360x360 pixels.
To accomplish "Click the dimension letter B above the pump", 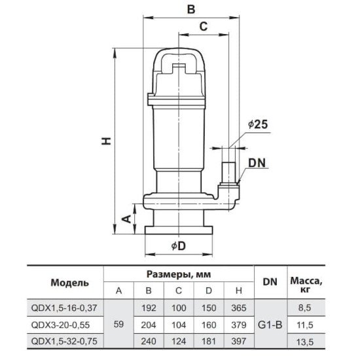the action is coord(190,9).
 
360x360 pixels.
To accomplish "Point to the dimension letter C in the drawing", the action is coord(204,26).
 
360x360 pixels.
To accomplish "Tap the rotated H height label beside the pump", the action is coord(107,141).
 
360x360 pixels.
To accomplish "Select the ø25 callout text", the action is coord(258,124).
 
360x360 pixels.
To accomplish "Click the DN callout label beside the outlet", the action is coord(257,163).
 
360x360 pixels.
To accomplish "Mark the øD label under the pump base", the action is coord(179,246).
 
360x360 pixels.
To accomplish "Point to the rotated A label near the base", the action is coord(126,219).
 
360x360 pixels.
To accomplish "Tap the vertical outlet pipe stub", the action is coord(228,173).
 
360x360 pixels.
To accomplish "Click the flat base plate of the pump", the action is coord(179,230).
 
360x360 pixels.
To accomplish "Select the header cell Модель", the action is coord(69,283).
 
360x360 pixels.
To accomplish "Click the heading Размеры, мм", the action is coord(179,274).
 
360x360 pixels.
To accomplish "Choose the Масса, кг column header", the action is coord(306,285).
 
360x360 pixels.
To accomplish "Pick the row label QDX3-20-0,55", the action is coord(60,325).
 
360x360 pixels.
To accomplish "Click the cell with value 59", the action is coord(118,324).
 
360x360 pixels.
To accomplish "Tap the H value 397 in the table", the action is coord(239,341).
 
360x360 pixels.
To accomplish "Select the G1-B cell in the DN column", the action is coord(270,325).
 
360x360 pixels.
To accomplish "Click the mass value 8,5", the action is coord(304,308).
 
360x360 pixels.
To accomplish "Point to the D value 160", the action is coord(209,325).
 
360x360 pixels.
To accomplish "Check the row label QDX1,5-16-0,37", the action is coord(64,308).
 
